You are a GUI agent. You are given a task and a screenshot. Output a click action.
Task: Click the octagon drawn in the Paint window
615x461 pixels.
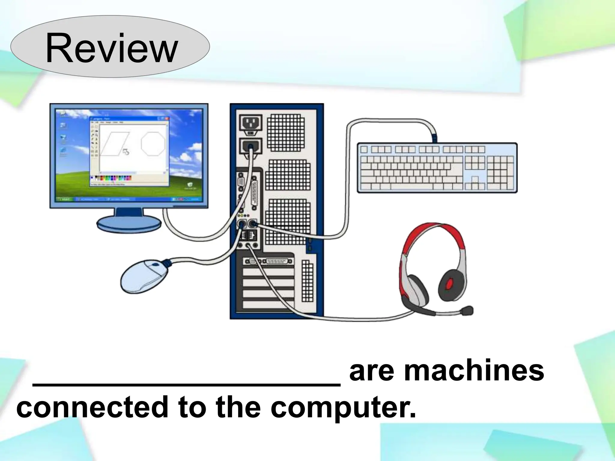coord(153,143)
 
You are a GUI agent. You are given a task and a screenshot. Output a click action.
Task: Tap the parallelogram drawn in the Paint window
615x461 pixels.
coord(115,143)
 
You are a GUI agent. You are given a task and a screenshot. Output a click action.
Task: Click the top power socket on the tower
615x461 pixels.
coord(251,123)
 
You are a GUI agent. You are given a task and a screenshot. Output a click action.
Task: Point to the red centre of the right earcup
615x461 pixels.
coord(450,283)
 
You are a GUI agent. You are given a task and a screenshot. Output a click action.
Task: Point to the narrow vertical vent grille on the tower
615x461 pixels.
coord(307,281)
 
